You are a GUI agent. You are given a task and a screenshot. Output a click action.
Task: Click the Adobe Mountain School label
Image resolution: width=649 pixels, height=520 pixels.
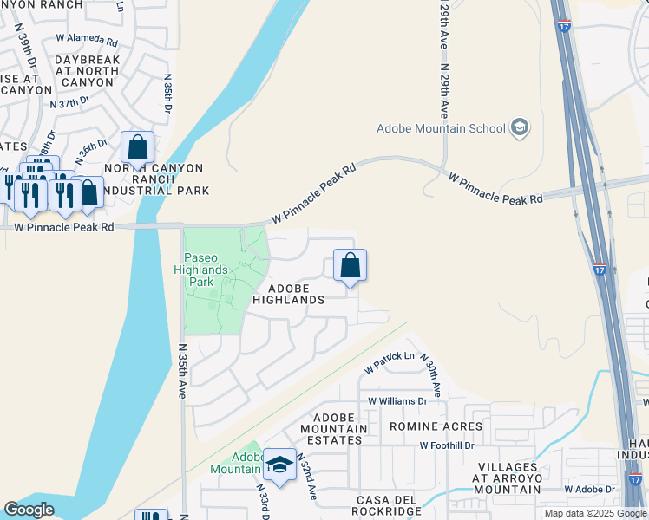[x=441, y=129]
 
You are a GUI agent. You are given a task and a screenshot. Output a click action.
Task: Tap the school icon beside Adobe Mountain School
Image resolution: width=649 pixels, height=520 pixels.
[x=520, y=129]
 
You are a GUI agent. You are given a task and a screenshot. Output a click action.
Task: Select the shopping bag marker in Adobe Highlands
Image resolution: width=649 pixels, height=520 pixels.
[x=350, y=265]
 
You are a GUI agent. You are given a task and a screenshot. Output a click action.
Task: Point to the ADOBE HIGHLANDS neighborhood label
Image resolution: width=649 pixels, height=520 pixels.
[x=288, y=294]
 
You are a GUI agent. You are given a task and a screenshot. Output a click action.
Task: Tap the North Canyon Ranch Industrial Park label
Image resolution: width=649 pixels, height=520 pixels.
[x=154, y=179]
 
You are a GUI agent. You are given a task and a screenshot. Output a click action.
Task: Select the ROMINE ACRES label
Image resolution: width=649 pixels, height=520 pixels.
[x=436, y=426]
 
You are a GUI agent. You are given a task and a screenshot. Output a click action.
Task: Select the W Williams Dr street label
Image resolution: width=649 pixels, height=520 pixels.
[x=397, y=401]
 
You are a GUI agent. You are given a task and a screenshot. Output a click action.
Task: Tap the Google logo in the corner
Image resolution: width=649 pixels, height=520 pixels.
[x=29, y=510]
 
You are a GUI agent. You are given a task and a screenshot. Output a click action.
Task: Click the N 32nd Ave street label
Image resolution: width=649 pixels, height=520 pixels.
[x=306, y=477]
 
